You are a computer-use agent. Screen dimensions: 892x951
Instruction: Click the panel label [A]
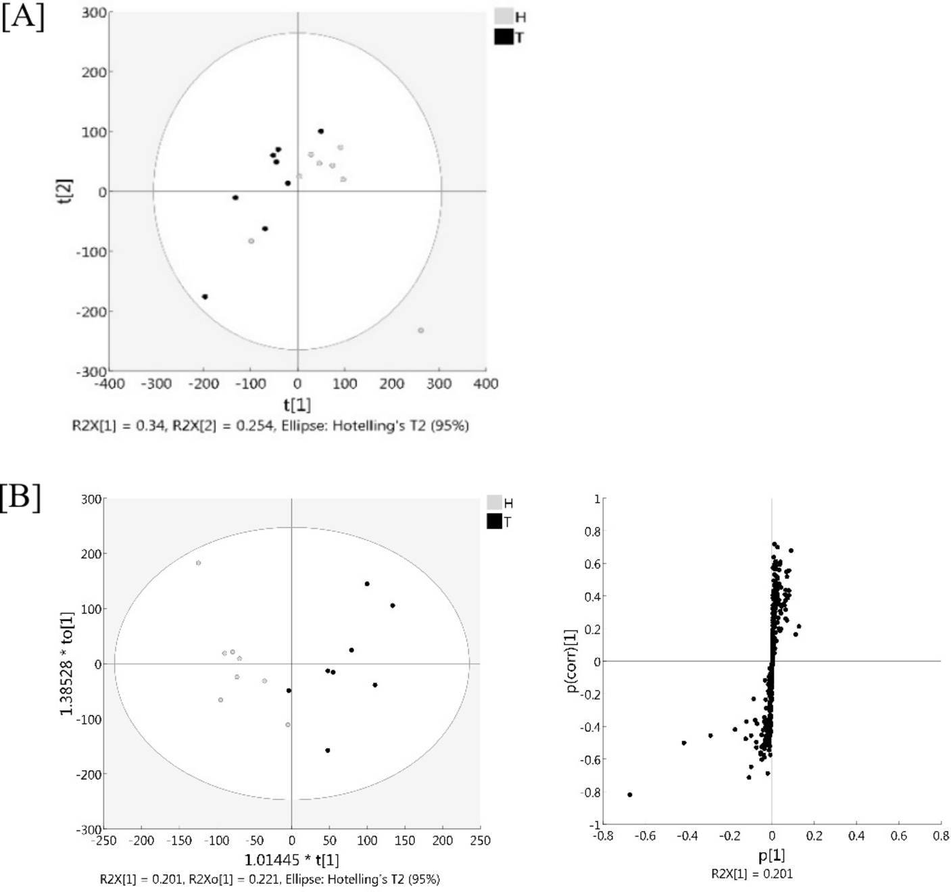coord(22,16)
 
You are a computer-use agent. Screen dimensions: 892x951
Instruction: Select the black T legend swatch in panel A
coord(504,36)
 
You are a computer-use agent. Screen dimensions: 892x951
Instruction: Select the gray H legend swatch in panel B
coord(494,503)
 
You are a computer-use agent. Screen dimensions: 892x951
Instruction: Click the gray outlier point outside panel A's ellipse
coord(420,330)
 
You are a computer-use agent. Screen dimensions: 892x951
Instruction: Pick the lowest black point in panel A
coord(204,297)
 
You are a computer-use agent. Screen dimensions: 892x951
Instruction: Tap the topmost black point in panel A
coord(320,131)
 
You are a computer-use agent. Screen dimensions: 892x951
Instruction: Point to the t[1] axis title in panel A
coord(297,405)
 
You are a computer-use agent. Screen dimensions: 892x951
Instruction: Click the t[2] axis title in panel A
coord(66,191)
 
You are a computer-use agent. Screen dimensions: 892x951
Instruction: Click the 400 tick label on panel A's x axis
coord(486,384)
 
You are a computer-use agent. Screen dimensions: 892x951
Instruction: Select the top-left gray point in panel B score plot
coord(198,563)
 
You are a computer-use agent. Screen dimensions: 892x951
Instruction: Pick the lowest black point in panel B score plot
coord(328,750)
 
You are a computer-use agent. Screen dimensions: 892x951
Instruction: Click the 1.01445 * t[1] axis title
coord(291,860)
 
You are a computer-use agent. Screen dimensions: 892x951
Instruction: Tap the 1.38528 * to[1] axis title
coord(67,664)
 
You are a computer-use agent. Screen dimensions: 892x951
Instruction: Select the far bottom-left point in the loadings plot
coord(629,795)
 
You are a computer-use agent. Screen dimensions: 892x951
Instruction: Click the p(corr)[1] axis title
coord(571,661)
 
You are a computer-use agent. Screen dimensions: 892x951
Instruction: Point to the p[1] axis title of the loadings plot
coord(771,856)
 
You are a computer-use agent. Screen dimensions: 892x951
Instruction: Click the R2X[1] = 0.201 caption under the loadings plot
coord(752,874)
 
